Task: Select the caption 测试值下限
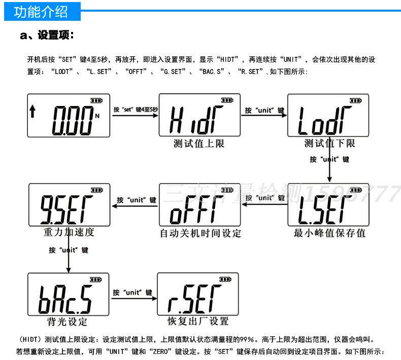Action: pyautogui.click(x=329, y=143)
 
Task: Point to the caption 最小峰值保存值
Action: pyautogui.click(x=329, y=233)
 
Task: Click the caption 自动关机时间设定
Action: pyautogui.click(x=201, y=233)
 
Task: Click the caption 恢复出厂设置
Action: pyautogui.click(x=198, y=321)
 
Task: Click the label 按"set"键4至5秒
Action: pyautogui.click(x=136, y=110)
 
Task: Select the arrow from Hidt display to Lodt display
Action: pyautogui.click(x=263, y=116)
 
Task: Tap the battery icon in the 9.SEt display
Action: pyautogui.click(x=96, y=190)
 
